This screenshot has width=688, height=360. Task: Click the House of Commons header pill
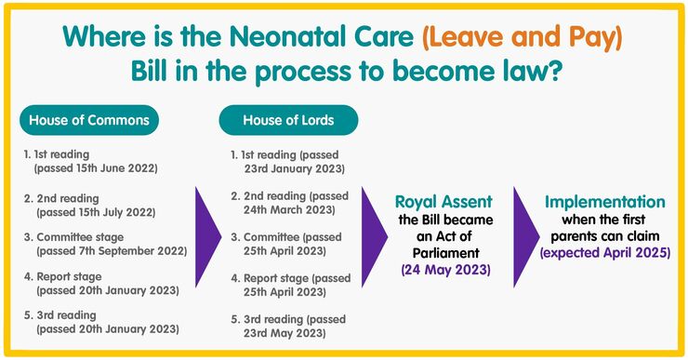(x=89, y=120)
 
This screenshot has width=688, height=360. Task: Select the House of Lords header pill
(x=288, y=120)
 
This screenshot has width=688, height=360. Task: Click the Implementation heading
(x=605, y=202)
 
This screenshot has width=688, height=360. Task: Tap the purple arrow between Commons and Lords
(x=207, y=235)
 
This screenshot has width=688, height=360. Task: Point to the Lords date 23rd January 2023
(x=292, y=168)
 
